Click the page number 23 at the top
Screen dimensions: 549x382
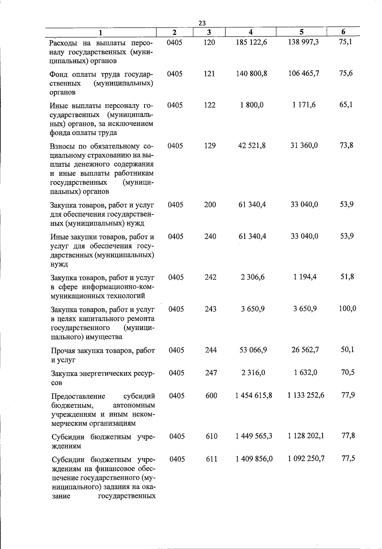coord(202,23)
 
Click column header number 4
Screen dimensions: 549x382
coord(251,32)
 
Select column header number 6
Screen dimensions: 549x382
coord(343,32)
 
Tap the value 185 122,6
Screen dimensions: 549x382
coord(251,42)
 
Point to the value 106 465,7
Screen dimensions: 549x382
coord(304,73)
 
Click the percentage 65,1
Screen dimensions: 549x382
coord(346,105)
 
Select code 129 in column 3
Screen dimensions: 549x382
coord(210,146)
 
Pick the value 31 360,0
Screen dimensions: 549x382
coord(304,145)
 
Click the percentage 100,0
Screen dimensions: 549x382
coord(347,308)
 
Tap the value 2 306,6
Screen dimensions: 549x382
coord(253,277)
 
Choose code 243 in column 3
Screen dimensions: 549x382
coord(210,309)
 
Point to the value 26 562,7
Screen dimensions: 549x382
coord(305,350)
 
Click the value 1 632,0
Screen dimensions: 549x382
coord(305,372)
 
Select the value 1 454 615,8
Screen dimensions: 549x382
coord(254,395)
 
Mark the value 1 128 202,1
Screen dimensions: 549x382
coord(306,436)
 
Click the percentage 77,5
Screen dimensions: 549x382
coord(348,458)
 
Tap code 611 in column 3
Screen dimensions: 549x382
coord(212,459)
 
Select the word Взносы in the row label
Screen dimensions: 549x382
coord(63,147)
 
